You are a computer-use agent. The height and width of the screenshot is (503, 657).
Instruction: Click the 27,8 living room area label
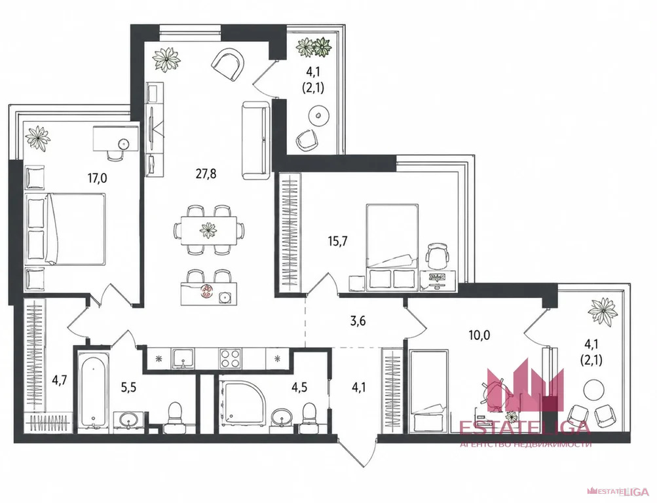coord(206,174)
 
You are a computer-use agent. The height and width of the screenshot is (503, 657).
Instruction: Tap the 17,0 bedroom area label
coord(97,178)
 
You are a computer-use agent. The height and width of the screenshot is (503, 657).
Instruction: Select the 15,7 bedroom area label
coord(338,241)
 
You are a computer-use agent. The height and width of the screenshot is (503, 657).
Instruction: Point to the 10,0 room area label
coord(479,335)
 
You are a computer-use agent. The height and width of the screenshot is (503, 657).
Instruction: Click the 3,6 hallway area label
coord(358,321)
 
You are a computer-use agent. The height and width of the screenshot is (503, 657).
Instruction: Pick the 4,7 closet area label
coord(59,381)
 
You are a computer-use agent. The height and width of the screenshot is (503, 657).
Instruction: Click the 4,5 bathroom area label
coord(299,386)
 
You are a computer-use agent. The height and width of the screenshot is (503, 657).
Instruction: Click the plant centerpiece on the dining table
coord(208,229)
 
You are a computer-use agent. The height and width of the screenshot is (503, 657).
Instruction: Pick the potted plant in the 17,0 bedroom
coord(37,138)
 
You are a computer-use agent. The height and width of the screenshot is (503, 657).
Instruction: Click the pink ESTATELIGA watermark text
coord(525,428)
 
